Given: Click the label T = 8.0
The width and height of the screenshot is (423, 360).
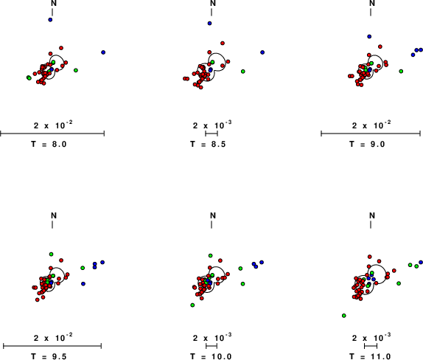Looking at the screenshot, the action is click(x=49, y=144).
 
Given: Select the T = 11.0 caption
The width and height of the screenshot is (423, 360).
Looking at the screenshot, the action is click(x=370, y=356).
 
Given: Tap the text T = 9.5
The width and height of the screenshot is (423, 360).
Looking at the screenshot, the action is click(x=49, y=356).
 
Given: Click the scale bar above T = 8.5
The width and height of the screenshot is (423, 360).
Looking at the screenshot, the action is click(x=212, y=134).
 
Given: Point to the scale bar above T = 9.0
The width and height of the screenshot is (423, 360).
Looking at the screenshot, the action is click(x=371, y=134).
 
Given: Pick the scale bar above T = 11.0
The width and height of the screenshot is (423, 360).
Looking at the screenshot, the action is click(x=371, y=346).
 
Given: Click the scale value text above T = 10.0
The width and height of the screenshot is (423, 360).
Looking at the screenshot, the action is click(x=212, y=337).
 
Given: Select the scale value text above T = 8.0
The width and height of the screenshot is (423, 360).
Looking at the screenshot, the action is click(x=53, y=125).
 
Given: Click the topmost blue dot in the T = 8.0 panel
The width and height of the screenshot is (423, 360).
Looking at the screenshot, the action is click(x=50, y=20).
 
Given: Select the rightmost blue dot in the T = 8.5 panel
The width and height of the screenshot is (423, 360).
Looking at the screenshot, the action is click(x=262, y=52).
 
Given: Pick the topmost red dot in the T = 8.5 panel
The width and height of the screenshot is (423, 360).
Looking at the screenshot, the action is click(x=223, y=44).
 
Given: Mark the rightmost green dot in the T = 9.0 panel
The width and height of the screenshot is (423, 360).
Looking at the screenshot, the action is click(x=401, y=72).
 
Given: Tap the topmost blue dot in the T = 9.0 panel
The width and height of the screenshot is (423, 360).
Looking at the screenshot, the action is click(x=369, y=36).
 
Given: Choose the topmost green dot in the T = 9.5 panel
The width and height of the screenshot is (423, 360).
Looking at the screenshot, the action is click(x=52, y=254).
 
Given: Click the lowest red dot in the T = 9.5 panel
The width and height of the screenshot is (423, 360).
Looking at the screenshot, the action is click(x=38, y=300).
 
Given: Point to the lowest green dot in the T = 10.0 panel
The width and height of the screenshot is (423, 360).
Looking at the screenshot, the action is click(x=192, y=305).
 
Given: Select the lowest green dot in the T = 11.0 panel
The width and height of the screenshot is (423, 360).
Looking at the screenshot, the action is click(x=344, y=316).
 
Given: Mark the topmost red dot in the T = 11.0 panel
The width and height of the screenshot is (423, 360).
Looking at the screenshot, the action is click(x=370, y=257).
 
